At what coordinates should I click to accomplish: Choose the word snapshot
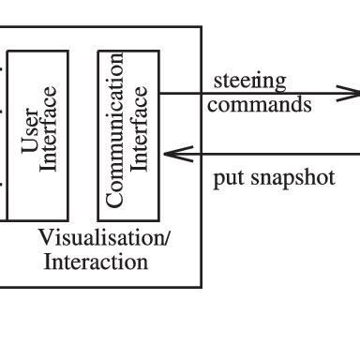point(288,178)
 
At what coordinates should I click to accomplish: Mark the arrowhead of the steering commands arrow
point(350,94)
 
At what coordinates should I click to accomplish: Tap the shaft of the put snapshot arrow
point(272,154)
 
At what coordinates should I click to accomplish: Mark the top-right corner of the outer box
point(201,27)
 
